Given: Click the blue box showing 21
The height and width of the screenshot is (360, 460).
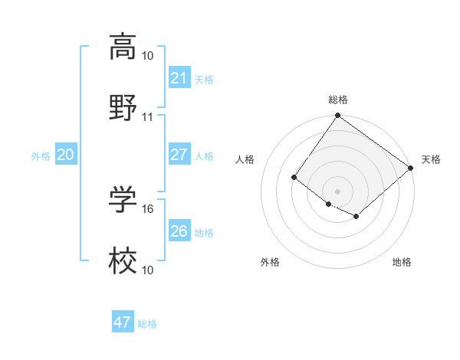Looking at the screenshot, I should pos(179,78).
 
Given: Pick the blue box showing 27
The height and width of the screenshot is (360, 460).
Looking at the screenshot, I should pos(179,155).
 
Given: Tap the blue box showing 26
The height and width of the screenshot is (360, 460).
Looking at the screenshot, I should pos(179,231).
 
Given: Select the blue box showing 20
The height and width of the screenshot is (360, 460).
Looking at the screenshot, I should pos(66,155).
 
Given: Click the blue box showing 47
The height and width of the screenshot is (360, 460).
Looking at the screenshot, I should pos(123,322).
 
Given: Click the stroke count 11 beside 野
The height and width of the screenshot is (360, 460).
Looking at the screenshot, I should pos(148,117).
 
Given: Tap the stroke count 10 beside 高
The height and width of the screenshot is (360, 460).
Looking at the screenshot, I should pos(148,56).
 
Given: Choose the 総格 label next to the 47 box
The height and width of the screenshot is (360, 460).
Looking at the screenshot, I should pos(147,324).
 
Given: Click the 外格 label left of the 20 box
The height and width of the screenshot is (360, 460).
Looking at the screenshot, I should pos(41,156).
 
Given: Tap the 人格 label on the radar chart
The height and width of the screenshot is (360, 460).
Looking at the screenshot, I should pos(246,159).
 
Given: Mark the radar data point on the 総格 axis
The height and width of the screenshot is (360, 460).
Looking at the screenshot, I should pos(337,116).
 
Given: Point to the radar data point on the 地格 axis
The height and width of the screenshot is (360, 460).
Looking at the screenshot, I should pos(356,217).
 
